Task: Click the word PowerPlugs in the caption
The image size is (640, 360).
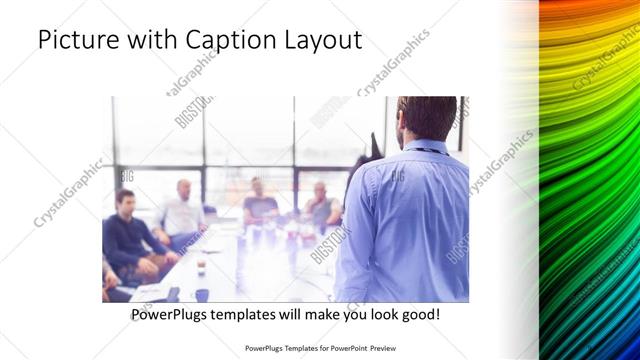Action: (171, 314)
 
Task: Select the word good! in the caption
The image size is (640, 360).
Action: (418, 314)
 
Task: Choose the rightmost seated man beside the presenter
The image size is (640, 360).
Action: (320, 205)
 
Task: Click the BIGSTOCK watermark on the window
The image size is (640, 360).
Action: (192, 112)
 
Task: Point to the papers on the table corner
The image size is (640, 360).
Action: (150, 291)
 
